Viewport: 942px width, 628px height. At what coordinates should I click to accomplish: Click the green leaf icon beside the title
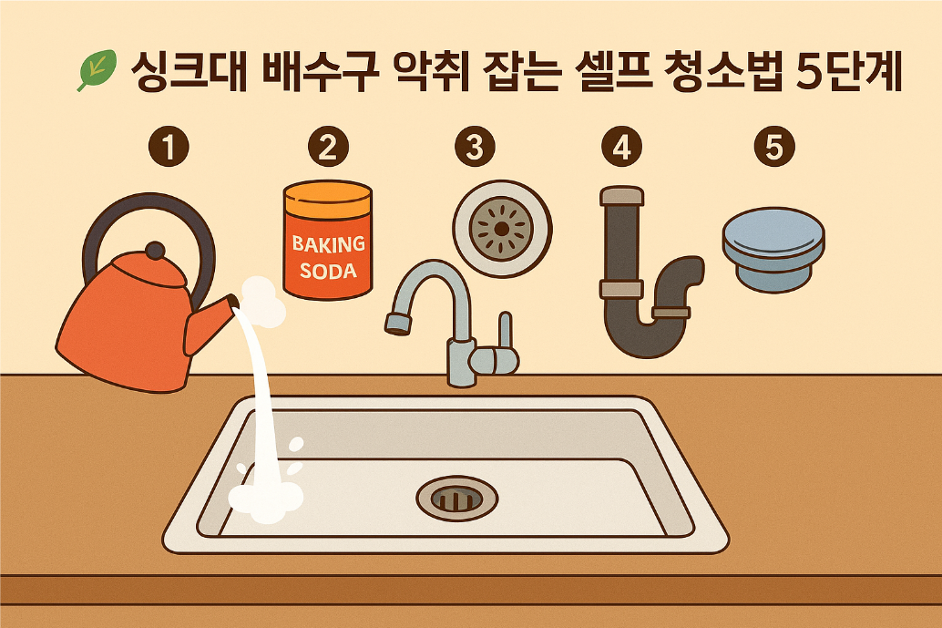[x=97, y=69]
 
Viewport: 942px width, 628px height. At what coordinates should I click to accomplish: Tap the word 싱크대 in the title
[x=189, y=71]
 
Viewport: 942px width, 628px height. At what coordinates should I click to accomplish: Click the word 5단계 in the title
[x=849, y=71]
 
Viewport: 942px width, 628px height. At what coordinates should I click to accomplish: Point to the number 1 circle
[x=169, y=146]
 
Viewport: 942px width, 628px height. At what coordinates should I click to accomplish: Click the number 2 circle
[x=328, y=146]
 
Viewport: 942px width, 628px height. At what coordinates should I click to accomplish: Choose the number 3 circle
[x=475, y=146]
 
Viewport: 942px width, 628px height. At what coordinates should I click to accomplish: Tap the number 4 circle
[x=622, y=146]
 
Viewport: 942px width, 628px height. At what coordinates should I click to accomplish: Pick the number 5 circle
[x=774, y=146]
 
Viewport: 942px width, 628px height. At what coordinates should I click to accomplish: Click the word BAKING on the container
[x=329, y=244]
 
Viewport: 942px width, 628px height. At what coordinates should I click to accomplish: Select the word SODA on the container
[x=328, y=271]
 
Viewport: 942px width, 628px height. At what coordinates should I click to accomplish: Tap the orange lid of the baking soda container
[x=328, y=199]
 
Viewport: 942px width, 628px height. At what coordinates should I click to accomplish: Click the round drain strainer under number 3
[x=502, y=229]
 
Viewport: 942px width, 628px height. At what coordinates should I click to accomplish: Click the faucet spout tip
[x=398, y=324]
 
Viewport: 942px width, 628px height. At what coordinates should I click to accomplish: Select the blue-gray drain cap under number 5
[x=773, y=250]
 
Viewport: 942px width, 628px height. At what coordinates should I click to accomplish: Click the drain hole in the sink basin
[x=457, y=499]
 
